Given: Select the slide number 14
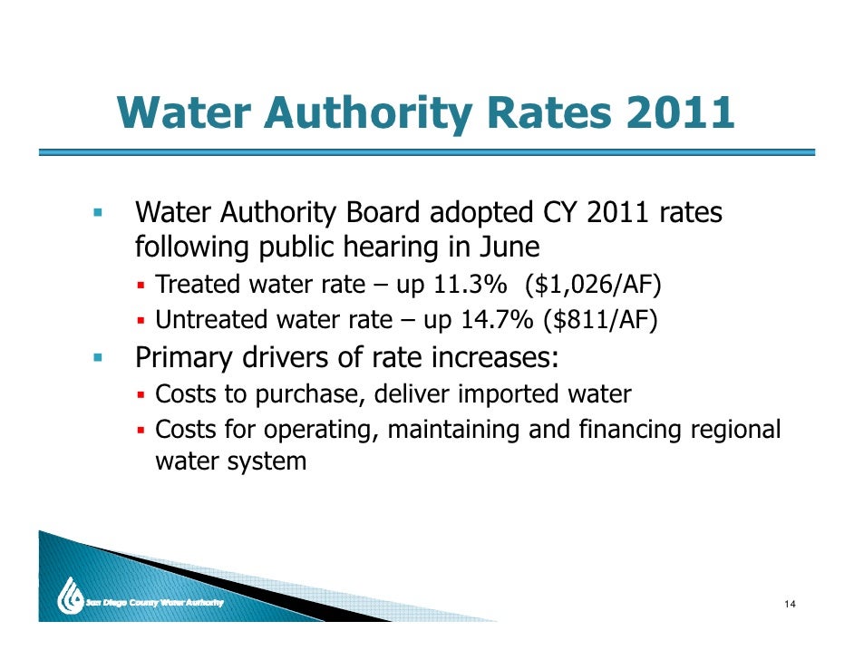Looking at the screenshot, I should (x=791, y=606).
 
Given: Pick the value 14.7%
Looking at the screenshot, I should (x=466, y=319).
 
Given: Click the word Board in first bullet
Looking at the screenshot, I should (x=383, y=214).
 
